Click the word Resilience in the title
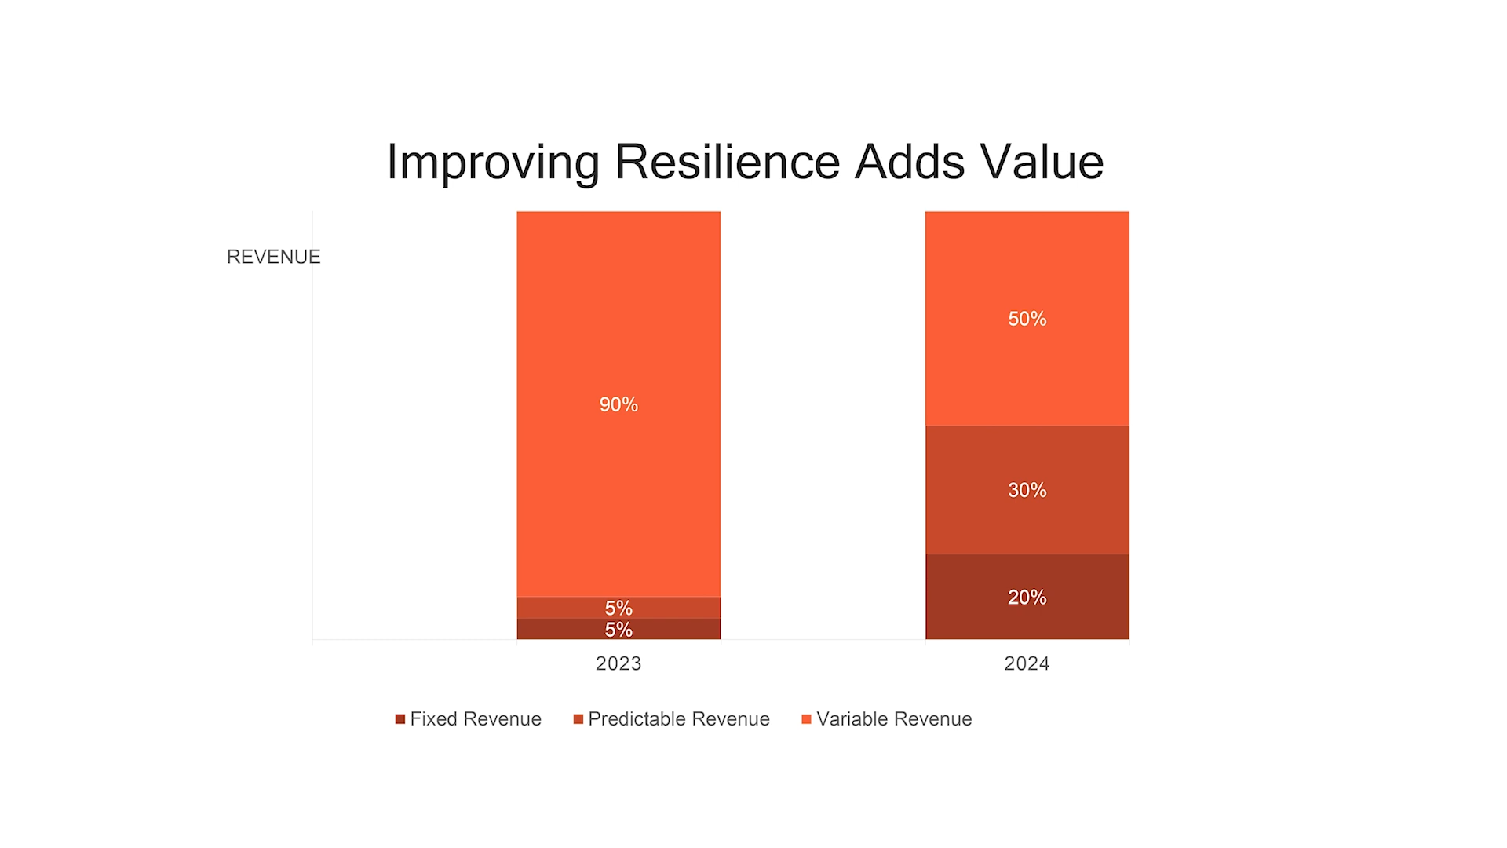pos(727,162)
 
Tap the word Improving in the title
pos(493,162)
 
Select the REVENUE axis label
pos(273,257)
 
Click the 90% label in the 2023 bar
pos(618,404)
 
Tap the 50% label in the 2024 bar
pos(1027,319)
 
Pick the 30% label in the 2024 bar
pos(1027,490)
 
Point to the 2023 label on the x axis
pos(618,663)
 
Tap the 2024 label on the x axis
pos(1027,663)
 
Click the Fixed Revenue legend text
pos(476,719)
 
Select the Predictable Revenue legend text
pos(679,719)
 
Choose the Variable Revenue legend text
pos(894,719)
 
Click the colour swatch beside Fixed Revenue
pos(400,719)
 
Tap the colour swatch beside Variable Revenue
pos(806,719)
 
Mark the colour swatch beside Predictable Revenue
pos(578,719)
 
